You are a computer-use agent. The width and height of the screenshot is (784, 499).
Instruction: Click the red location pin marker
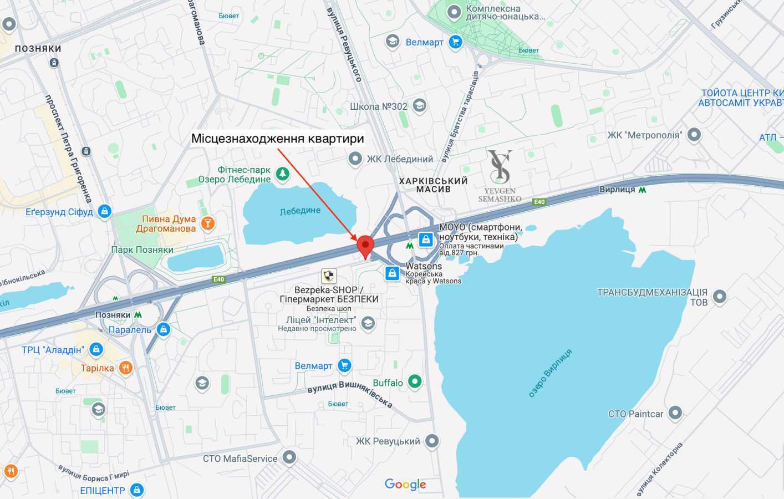[x=365, y=246]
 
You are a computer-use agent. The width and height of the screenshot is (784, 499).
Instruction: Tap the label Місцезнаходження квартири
[x=277, y=139]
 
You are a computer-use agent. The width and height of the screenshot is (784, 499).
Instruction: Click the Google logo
[x=405, y=485]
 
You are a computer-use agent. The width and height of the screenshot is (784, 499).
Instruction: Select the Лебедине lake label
[x=300, y=211]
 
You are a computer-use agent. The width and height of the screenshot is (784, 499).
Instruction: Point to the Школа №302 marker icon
[x=420, y=105]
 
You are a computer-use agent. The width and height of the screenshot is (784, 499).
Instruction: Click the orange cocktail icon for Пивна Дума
[x=208, y=223]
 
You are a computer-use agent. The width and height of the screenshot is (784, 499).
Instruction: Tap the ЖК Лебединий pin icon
[x=355, y=159]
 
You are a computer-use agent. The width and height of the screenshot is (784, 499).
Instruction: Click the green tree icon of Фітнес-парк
[x=283, y=174]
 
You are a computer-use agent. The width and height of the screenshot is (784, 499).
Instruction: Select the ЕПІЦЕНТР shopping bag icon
[x=136, y=490]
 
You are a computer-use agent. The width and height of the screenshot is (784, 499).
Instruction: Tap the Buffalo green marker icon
[x=415, y=381]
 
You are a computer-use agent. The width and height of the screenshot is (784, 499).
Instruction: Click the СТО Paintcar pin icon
[x=675, y=413]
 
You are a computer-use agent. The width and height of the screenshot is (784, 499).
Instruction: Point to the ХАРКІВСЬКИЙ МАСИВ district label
[x=433, y=185]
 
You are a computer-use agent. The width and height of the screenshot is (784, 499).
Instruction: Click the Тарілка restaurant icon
[x=126, y=368]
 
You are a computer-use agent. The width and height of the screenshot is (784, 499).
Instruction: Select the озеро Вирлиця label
[x=550, y=373]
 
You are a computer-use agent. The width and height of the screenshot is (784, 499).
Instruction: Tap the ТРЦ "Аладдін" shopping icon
[x=96, y=349]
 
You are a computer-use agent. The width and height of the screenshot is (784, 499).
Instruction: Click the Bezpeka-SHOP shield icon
[x=329, y=276]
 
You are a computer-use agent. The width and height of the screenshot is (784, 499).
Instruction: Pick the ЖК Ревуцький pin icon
[x=432, y=441]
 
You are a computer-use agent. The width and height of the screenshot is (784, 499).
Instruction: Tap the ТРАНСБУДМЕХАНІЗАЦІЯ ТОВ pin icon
[x=719, y=297]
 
